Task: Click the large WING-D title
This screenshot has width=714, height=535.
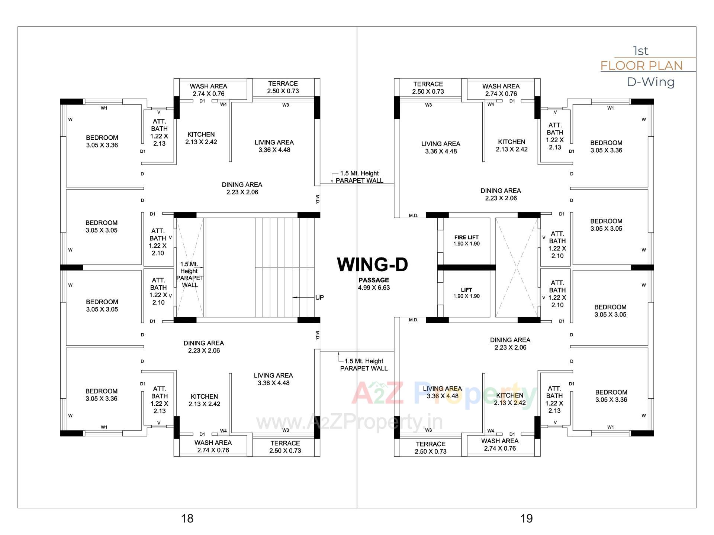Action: (372, 265)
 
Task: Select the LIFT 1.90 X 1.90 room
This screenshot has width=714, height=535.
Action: (466, 293)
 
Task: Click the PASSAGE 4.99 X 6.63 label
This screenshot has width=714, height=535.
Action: (374, 284)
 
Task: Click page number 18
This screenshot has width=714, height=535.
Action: (187, 518)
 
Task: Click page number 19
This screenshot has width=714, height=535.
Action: (526, 518)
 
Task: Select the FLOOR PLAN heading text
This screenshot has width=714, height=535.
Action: (641, 66)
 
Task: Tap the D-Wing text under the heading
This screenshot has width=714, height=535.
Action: (650, 82)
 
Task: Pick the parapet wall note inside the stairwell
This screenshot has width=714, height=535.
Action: (190, 275)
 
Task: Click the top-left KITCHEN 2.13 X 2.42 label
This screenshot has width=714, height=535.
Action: (201, 138)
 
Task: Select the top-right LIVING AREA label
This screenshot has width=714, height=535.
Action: (441, 147)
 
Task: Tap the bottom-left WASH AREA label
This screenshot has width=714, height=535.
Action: (213, 446)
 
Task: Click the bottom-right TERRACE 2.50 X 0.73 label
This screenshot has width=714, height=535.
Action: (431, 448)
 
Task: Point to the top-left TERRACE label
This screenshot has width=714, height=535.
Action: (283, 87)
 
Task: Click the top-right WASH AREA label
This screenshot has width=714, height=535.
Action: (501, 90)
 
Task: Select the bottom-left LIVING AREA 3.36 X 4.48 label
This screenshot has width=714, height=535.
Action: (273, 379)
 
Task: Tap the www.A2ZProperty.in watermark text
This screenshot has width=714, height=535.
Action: (350, 422)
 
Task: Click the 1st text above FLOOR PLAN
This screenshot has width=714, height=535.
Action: (641, 51)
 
